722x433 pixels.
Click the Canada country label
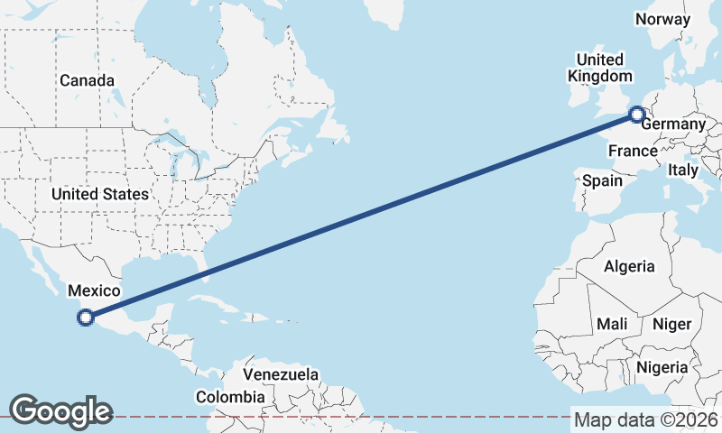coord(87,80)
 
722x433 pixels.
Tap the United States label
coord(99,194)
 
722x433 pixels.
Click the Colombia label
coord(231,396)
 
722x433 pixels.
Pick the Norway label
coord(662,19)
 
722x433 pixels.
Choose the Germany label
coord(672,124)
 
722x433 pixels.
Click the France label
coord(632,151)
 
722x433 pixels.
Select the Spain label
coord(602,180)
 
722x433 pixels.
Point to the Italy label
coord(683,170)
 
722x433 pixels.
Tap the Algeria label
coord(629,266)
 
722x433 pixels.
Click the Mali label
coord(612,324)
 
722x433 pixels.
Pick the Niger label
coord(671,324)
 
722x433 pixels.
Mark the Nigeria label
coord(662,367)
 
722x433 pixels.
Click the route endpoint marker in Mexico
coord(86,317)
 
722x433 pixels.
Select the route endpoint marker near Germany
coord(636,115)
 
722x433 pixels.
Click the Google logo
coord(60,410)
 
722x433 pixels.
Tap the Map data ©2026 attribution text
coord(645,419)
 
